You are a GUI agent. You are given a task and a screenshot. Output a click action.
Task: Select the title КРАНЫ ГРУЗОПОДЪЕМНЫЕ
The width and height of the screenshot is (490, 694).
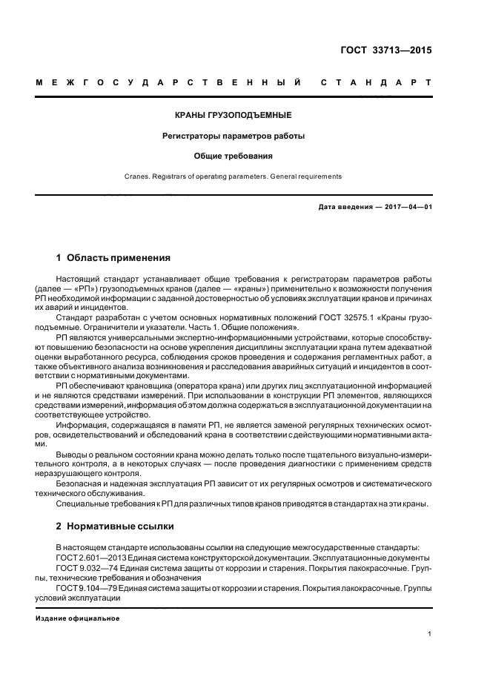(233, 115)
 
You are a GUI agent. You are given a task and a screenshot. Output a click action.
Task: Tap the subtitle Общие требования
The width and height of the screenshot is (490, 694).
(233, 156)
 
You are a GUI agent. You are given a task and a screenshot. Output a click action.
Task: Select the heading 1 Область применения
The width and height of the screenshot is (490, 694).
(113, 258)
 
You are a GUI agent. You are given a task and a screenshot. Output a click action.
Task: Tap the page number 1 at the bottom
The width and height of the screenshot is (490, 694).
(430, 634)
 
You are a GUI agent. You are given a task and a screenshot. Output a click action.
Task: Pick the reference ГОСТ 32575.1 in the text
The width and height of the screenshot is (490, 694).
(344, 317)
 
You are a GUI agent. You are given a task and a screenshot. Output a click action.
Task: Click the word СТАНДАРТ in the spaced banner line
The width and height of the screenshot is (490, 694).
(376, 83)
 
